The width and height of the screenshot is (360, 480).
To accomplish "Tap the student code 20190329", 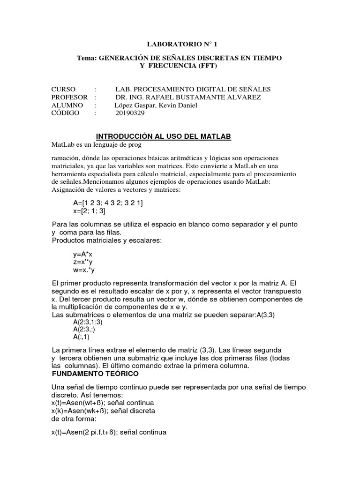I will pos(130,113).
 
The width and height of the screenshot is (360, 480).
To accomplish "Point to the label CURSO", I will pos(63,89).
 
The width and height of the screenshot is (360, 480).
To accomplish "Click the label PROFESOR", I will pos(70,97).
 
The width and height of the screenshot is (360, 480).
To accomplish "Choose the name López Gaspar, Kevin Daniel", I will pos(156,105).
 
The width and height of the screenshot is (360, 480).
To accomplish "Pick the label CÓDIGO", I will pos(66,113).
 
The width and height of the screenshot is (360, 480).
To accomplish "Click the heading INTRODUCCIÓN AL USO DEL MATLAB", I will pos(164,136).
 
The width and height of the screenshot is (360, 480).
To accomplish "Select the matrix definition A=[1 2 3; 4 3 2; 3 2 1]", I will pos(108,203).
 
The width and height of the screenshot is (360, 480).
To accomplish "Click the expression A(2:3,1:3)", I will pos(88,322).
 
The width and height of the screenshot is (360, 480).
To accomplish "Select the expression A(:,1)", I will pos(81,337).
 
